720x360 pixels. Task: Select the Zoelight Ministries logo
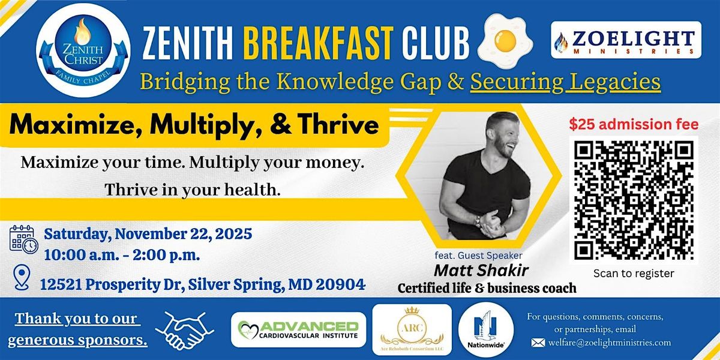626,40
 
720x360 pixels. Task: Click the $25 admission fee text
634,125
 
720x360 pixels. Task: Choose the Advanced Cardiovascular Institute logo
298,330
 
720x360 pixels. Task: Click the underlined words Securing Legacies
565,81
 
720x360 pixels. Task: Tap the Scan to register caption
634,274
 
